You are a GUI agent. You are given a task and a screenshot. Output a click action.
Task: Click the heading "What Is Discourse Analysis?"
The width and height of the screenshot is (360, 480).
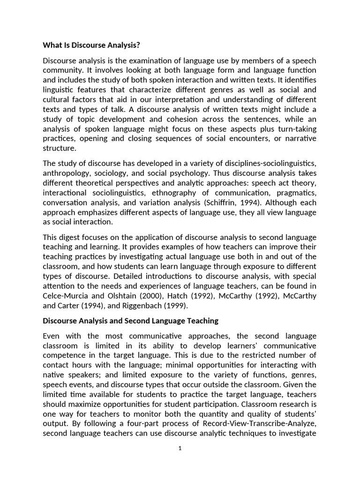pos(91,45)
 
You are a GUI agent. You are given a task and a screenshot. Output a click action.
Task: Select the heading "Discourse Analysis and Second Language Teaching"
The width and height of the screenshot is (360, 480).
pos(130,321)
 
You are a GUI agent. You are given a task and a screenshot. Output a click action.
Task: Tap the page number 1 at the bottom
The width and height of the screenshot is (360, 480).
pos(180,448)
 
